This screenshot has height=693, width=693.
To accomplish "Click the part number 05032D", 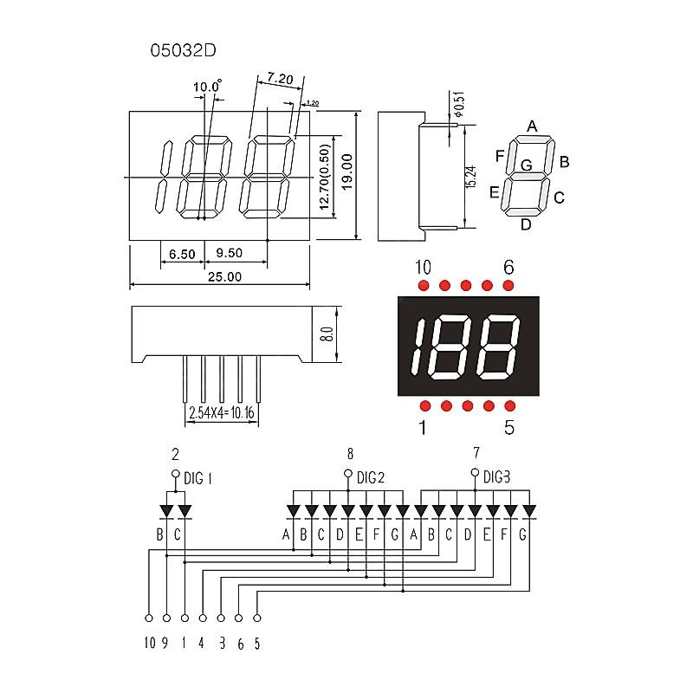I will (x=183, y=50).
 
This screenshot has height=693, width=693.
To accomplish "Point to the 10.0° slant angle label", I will (x=207, y=87).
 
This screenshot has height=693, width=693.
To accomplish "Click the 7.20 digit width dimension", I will (x=279, y=79).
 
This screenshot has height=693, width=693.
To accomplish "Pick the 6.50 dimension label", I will (x=182, y=254).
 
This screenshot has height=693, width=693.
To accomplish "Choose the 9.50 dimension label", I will (x=229, y=254).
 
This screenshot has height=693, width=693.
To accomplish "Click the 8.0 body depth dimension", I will (x=327, y=334).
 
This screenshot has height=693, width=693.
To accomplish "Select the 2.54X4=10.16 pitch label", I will (x=221, y=414).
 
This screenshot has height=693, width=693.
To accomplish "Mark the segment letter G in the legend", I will (x=526, y=165).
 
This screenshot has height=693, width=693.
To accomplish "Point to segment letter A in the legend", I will (x=532, y=126).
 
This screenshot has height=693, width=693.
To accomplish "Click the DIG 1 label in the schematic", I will (x=198, y=477).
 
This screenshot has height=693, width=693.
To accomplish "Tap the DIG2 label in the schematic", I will (x=370, y=477).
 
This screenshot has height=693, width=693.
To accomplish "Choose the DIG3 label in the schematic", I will (x=496, y=476).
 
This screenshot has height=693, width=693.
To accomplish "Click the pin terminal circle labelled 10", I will (x=148, y=619).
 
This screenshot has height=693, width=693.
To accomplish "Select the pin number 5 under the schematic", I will (x=256, y=644).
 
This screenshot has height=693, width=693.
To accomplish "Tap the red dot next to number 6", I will (x=508, y=286).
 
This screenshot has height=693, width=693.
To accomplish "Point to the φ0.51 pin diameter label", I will (x=458, y=105).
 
